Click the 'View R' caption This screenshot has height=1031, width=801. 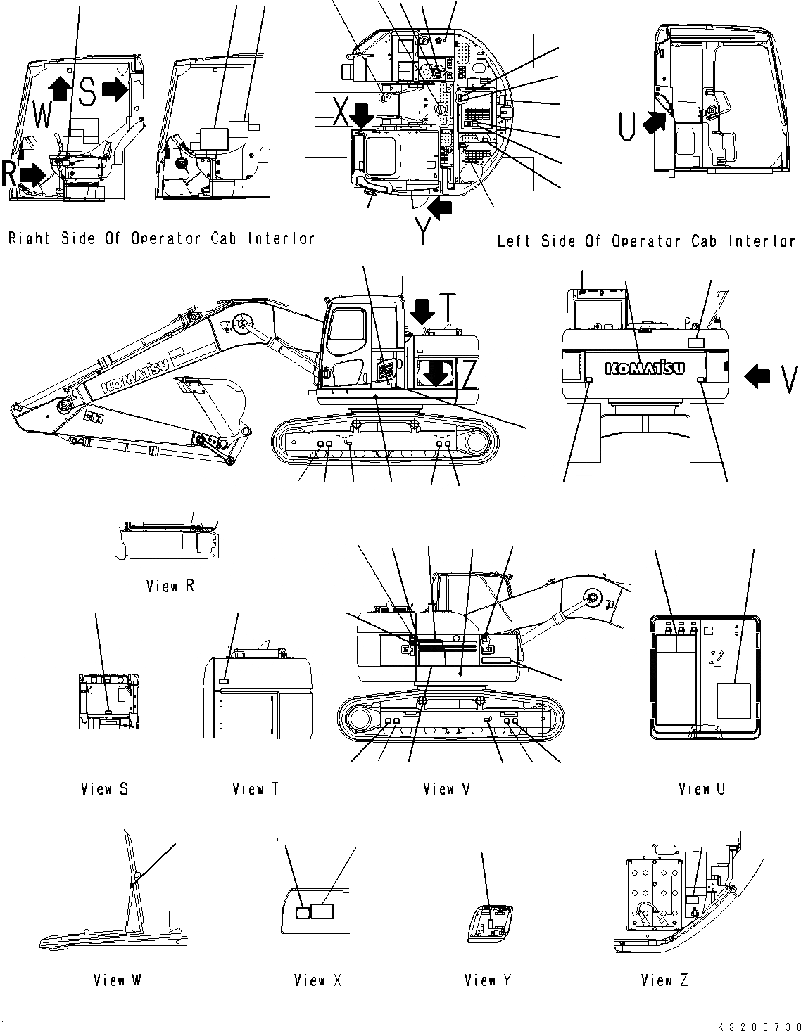tap(170, 586)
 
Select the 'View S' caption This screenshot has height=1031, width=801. tap(104, 789)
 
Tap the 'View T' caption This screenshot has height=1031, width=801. tap(256, 789)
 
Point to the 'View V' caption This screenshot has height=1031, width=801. tap(447, 789)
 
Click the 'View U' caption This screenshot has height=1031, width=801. tap(702, 789)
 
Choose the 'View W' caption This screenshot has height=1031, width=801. tap(118, 980)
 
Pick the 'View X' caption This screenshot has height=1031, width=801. tap(318, 980)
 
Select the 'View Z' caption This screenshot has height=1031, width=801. tap(664, 980)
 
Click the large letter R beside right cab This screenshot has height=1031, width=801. tap(8, 174)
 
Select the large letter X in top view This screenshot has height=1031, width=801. tap(340, 112)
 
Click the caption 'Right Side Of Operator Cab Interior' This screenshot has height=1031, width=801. tap(161, 238)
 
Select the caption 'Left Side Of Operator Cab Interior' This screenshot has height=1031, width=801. tap(646, 241)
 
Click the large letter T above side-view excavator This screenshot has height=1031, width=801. tap(450, 305)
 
